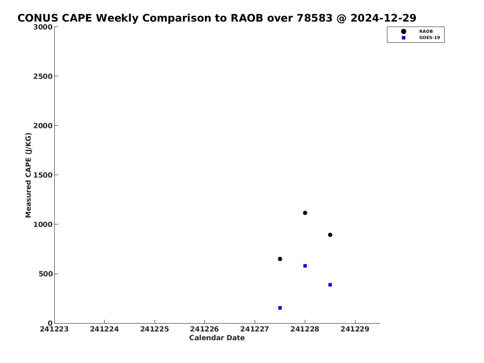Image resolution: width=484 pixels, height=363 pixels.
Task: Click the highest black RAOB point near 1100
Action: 305,213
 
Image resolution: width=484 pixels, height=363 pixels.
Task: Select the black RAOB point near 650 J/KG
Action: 280,259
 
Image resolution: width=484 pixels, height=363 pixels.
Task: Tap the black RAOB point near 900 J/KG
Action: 330,235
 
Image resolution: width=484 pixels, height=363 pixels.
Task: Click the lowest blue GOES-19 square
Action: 280,308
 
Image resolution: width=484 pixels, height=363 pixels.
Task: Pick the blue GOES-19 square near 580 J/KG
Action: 305,266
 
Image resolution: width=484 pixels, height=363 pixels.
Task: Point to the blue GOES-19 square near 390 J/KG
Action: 330,285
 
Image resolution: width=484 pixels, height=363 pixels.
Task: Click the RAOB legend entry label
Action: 426,32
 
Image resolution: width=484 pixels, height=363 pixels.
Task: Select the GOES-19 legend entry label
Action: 429,38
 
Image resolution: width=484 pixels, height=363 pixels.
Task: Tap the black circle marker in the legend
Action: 404,32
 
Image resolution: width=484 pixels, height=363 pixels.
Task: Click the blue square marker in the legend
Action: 404,38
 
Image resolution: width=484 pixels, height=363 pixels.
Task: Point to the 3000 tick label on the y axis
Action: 43,27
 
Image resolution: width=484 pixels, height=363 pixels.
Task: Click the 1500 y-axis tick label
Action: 43,175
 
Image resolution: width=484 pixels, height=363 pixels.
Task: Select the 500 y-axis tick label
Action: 46,274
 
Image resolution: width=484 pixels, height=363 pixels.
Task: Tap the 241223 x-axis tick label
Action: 54,329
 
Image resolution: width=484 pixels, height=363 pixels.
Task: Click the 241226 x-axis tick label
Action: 204,329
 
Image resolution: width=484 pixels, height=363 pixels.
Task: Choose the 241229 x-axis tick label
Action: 355,329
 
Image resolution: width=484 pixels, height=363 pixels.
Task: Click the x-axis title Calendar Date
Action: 217,338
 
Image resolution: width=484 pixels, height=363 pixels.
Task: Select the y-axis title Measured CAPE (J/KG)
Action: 28,175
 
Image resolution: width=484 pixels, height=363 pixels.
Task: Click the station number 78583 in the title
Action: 314,18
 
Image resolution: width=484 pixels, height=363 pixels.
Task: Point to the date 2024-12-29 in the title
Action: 383,18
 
